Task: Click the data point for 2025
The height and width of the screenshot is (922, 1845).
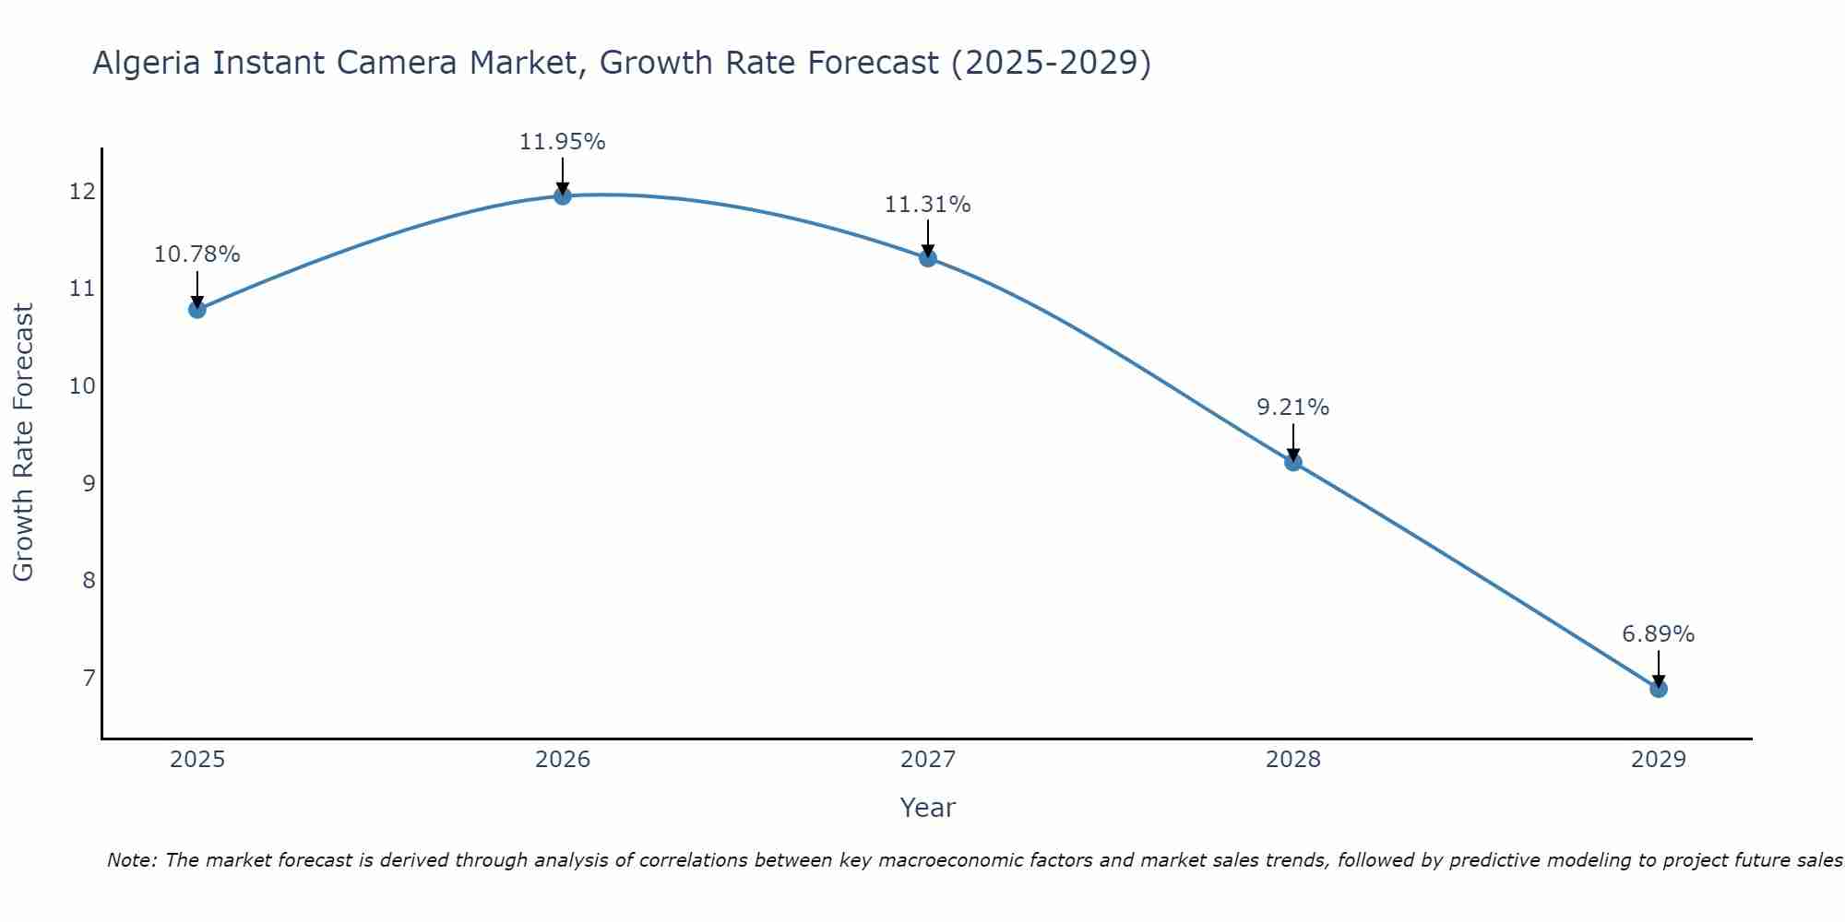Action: (196, 309)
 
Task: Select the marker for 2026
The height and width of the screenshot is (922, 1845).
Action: (562, 195)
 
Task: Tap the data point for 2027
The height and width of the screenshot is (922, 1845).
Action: (928, 258)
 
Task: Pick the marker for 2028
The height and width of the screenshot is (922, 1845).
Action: (1293, 462)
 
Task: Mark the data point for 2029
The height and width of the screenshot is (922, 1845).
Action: (1658, 689)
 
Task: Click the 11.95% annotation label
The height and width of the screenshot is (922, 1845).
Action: (562, 142)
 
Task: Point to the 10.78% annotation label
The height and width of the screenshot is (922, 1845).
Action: (196, 254)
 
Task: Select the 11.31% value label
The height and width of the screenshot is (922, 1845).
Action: (927, 205)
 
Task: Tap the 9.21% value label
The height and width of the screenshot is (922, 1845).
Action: (1292, 408)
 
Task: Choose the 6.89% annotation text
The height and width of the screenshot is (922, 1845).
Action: (1658, 634)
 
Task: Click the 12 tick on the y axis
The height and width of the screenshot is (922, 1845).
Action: (82, 192)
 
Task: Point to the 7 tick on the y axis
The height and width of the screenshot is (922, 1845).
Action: (89, 679)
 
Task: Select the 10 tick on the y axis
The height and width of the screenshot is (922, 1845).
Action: (82, 386)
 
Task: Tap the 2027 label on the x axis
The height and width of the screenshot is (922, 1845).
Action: (928, 760)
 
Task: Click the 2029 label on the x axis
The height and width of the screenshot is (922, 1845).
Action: (1658, 760)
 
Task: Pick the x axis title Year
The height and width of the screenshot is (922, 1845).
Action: (927, 808)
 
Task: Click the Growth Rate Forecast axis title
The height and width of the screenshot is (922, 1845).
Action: (23, 443)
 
